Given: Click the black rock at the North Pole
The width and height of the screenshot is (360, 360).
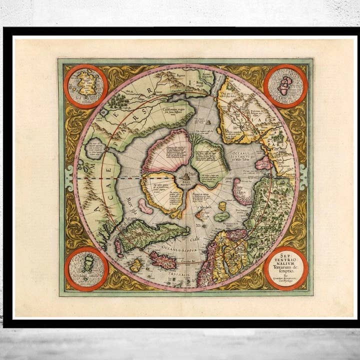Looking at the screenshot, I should (186, 175).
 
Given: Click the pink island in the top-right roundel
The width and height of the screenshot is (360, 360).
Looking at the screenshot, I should (285, 85).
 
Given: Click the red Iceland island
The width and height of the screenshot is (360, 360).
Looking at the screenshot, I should (163, 259).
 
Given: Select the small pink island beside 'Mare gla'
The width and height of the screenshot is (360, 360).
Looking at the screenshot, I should (145, 205).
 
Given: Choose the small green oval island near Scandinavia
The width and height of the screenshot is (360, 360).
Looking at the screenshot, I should (221, 216).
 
